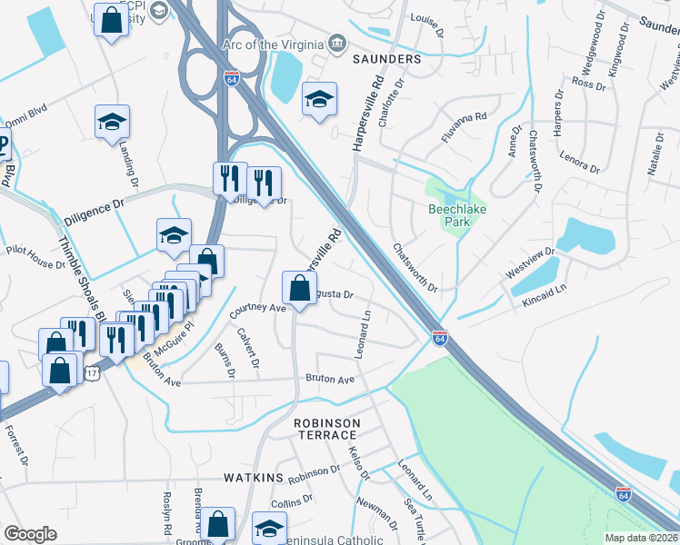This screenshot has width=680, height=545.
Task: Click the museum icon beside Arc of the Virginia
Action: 338,43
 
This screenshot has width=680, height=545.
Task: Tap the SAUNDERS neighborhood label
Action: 387,59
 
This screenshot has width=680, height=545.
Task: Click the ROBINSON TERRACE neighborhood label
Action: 326,430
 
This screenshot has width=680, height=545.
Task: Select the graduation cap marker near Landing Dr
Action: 113,122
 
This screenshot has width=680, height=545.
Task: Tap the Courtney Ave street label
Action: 258,308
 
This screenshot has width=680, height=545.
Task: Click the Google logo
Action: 30,534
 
